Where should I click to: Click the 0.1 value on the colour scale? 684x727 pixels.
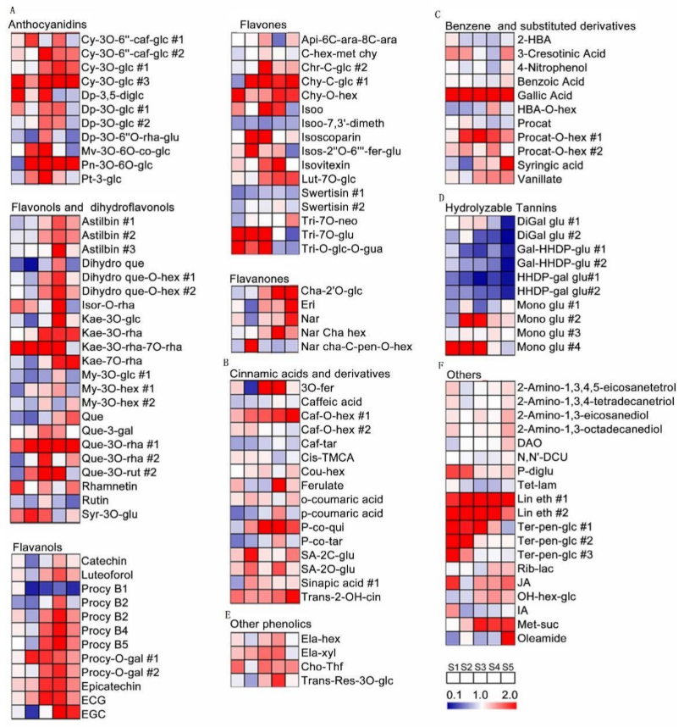pyautogui.click(x=454, y=693)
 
